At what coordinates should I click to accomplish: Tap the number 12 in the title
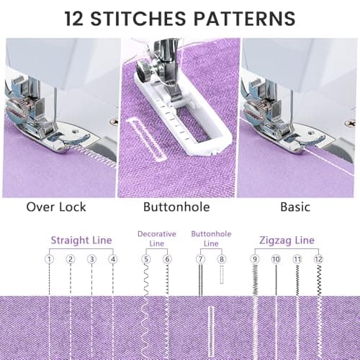[x=74, y=19]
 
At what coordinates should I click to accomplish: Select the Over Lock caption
[x=56, y=207]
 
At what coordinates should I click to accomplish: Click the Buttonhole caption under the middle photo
[x=176, y=207]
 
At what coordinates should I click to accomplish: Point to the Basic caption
[x=295, y=207]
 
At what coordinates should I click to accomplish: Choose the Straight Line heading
[x=81, y=240]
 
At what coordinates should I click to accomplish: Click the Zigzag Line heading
[x=287, y=240]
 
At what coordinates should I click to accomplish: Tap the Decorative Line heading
[x=157, y=238]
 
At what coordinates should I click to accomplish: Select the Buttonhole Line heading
[x=211, y=238]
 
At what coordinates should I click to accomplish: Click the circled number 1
[x=49, y=259]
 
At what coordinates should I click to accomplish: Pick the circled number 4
[x=113, y=259]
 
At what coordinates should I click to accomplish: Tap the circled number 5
[x=146, y=259]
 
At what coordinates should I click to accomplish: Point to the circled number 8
[x=222, y=259]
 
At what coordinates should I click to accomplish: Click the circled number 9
[x=255, y=259]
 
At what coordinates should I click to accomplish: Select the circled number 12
[x=318, y=259]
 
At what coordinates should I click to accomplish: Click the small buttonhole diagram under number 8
[x=222, y=274]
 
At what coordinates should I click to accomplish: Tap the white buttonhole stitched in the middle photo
[x=147, y=139]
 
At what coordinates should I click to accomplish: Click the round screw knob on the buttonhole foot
[x=143, y=70]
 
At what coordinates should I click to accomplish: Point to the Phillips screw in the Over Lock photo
[x=114, y=122]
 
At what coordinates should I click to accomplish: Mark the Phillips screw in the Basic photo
[x=349, y=123]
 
